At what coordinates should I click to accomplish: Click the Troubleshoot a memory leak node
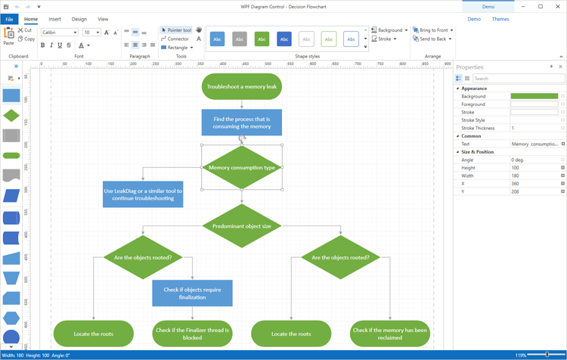click(242, 87)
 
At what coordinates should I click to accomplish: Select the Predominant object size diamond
click(242, 226)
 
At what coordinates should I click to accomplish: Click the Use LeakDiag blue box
click(143, 194)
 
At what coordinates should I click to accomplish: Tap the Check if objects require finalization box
click(192, 293)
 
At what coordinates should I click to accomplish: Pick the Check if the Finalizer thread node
click(192, 334)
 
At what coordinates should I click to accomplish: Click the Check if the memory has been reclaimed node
click(390, 334)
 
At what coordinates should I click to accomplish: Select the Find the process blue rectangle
click(242, 123)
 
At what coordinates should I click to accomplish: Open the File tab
click(9, 19)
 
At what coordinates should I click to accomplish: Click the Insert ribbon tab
click(55, 19)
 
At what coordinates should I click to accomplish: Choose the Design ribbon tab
click(79, 19)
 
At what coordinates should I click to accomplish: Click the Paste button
click(8, 36)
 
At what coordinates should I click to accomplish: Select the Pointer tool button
click(177, 30)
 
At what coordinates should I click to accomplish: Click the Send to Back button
click(432, 39)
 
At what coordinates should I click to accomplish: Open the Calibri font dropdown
click(60, 33)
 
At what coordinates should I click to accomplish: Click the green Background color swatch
click(534, 97)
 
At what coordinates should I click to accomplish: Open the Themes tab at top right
click(500, 19)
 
